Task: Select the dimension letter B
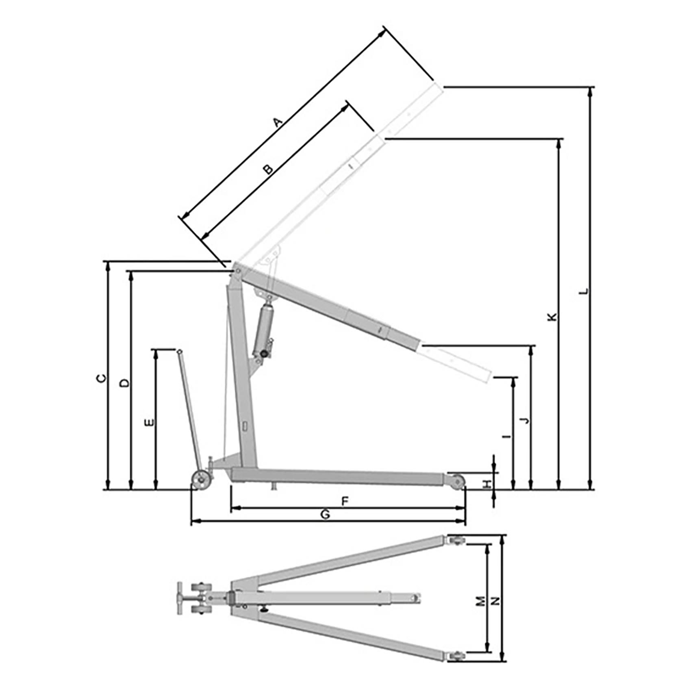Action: tap(268, 169)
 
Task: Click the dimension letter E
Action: tap(150, 422)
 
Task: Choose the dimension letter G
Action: tap(325, 515)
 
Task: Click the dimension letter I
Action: tap(506, 437)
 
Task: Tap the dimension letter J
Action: tap(526, 420)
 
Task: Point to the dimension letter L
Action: tap(584, 291)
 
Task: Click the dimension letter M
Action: tap(481, 601)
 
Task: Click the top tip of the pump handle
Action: tap(179, 351)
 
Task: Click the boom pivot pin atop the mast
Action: tap(236, 270)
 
